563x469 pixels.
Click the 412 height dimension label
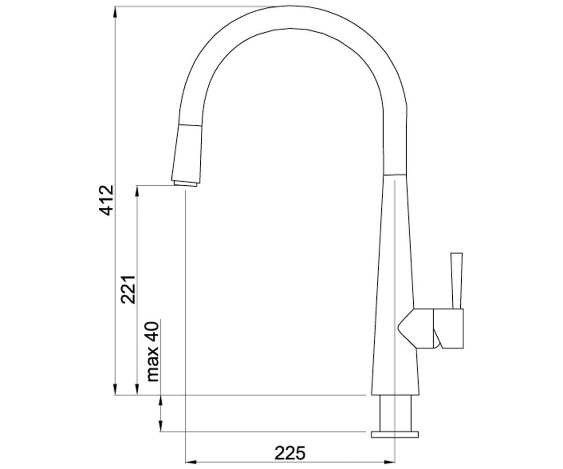[107, 200]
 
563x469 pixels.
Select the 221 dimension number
[128, 289]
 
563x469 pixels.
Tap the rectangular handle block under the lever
[449, 328]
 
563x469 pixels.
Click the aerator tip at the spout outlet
[185, 183]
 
